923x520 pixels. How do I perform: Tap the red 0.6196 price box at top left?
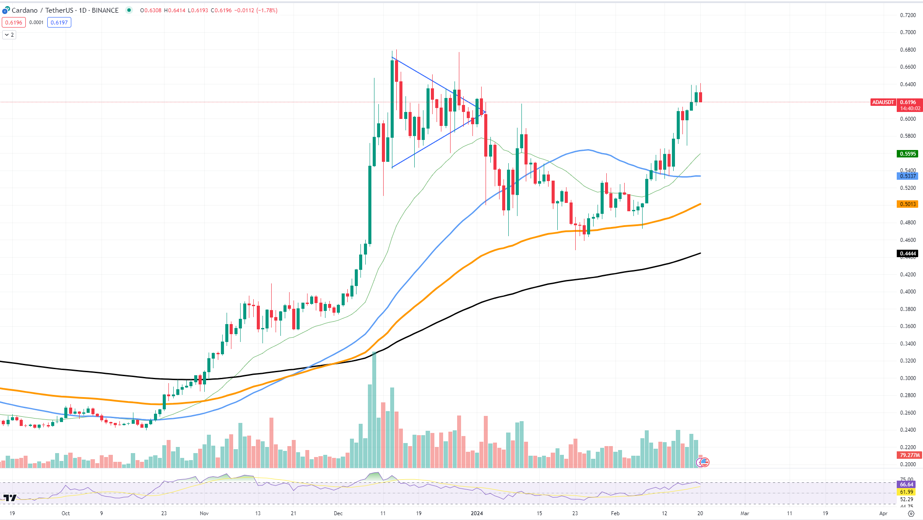(14, 22)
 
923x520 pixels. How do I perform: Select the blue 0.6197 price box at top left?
(59, 22)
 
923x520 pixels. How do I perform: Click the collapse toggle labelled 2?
(9, 35)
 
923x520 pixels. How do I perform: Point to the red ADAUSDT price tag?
(883, 102)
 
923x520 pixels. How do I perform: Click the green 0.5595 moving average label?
(908, 154)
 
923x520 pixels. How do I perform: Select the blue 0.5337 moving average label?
(908, 176)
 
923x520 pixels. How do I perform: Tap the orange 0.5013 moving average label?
(908, 204)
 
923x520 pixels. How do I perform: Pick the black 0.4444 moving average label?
(908, 254)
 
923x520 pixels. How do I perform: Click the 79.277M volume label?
(909, 455)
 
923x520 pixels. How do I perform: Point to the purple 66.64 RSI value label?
(906, 485)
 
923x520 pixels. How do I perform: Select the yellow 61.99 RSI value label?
(906, 492)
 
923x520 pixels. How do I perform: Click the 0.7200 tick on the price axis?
(908, 15)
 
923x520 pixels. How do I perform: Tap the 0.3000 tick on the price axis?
(908, 378)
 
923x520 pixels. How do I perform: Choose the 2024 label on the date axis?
(477, 513)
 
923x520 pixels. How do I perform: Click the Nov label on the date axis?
(204, 513)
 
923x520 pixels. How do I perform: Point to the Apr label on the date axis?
(883, 513)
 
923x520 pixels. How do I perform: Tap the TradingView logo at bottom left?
(10, 498)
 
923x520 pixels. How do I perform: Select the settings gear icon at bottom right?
(911, 513)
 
